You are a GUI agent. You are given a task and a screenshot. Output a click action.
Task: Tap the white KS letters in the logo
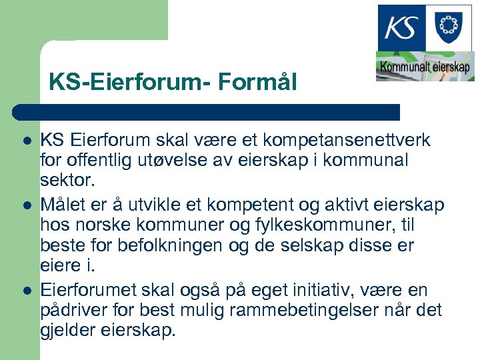(402, 27)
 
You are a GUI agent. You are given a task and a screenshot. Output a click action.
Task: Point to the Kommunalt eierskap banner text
(425, 67)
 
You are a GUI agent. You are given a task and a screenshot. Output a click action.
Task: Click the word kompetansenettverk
(355, 141)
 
